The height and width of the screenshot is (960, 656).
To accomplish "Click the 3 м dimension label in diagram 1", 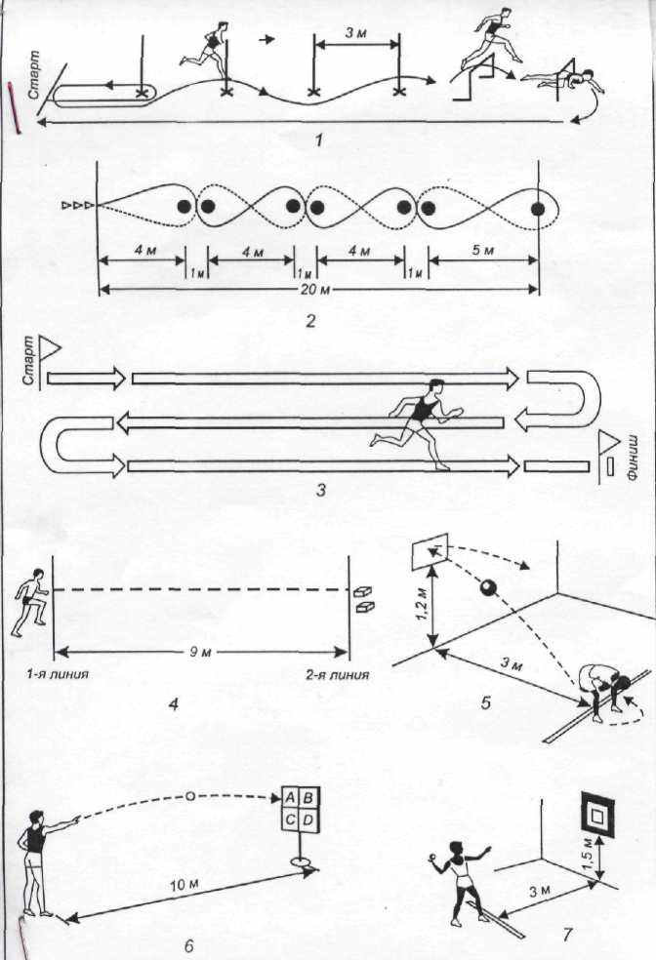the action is click(355, 32).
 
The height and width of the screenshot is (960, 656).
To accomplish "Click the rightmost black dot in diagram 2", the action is click(538, 208).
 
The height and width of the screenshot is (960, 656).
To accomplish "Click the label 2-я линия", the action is click(338, 675).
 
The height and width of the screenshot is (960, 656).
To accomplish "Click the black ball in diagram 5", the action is click(488, 588).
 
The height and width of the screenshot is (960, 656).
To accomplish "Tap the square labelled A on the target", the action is click(290, 798).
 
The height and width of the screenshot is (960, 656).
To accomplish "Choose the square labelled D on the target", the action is click(308, 820).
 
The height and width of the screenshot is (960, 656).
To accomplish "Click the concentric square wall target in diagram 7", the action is click(596, 817).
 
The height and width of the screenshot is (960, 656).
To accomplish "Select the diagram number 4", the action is click(174, 704).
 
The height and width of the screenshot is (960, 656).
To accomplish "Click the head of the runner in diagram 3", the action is click(435, 386).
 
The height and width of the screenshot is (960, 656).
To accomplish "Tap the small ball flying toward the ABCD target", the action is click(190, 796).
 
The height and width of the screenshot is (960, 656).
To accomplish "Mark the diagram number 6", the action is click(188, 945).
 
